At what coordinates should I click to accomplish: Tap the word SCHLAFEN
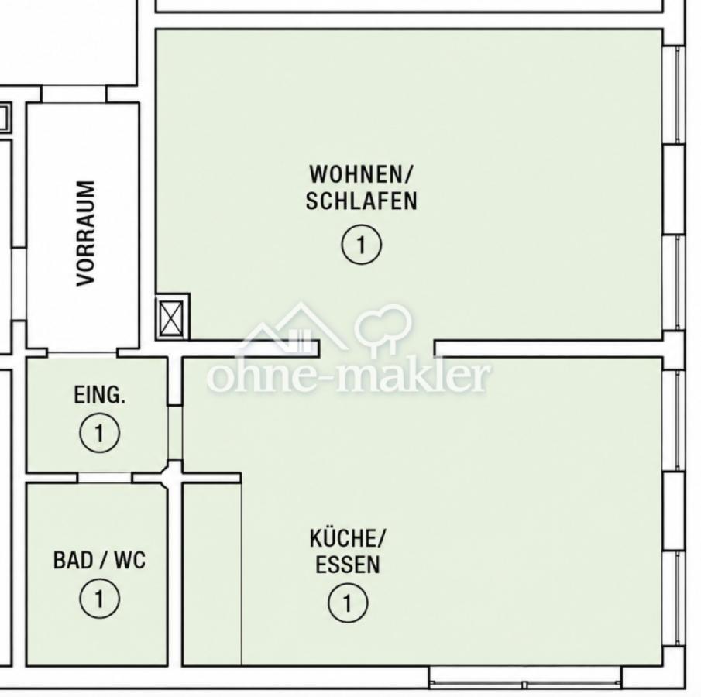tap(361, 201)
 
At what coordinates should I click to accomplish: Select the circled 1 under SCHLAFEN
tap(361, 245)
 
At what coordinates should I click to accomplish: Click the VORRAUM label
tap(86, 232)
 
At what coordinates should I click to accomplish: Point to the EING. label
tap(99, 395)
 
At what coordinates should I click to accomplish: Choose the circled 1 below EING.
tap(99, 433)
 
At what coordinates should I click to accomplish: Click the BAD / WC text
tap(99, 560)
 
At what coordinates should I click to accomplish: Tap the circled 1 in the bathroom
tap(99, 598)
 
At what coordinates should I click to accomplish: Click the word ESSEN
tap(347, 565)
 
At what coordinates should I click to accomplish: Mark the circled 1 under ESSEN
tap(347, 603)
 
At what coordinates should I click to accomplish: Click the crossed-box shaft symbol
tap(172, 318)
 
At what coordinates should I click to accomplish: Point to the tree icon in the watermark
tap(383, 328)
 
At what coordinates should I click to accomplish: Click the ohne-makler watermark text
tap(349, 376)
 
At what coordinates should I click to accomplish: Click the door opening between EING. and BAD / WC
tap(105, 478)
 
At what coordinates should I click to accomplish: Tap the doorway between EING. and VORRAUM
tap(82, 352)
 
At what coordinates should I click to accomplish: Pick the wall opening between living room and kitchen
tap(376, 348)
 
